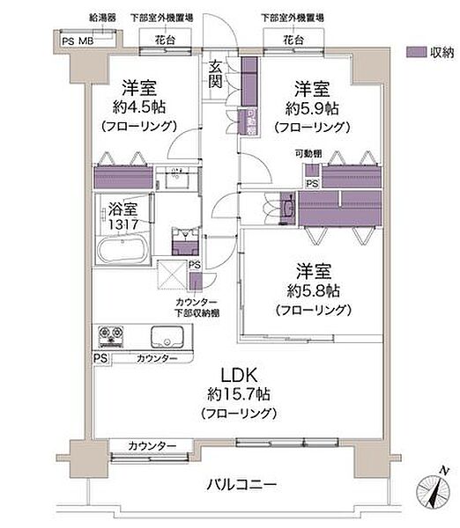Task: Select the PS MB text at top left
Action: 77,40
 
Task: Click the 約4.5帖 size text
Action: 140,108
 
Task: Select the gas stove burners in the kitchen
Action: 113,336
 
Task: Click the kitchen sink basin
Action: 167,337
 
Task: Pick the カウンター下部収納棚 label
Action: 196,307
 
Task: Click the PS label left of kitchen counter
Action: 100,359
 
